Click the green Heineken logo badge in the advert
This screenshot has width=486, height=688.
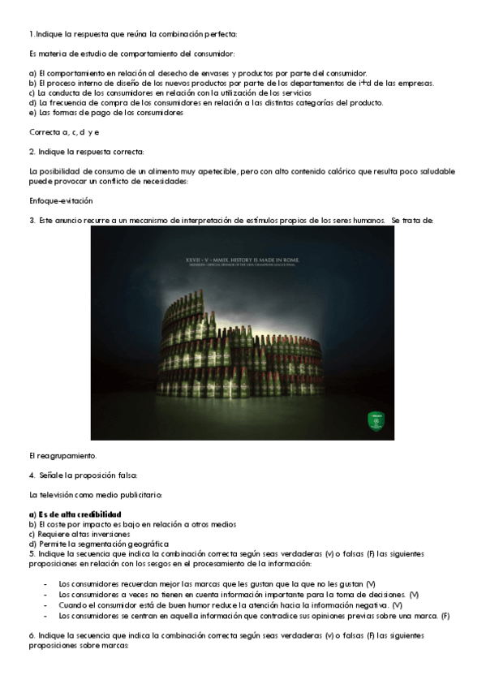point(375,420)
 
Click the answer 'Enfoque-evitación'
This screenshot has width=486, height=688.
point(61,200)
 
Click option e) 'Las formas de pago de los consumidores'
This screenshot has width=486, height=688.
point(105,112)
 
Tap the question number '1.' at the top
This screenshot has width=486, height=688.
point(32,33)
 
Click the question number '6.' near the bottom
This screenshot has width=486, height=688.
point(32,635)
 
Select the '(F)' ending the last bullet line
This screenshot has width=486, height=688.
point(445,616)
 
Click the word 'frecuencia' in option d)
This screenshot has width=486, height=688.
point(69,102)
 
